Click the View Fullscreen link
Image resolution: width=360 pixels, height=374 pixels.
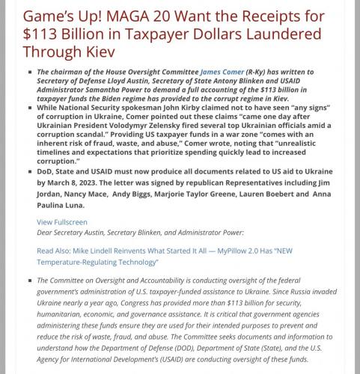pos(62,222)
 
